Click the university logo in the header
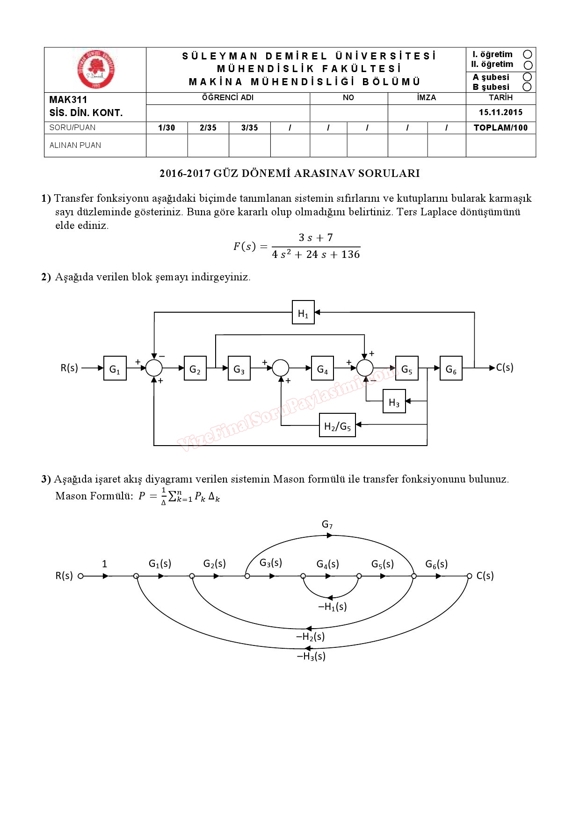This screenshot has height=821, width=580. (96, 69)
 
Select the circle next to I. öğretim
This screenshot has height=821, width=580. (528, 54)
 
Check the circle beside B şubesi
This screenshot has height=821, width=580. (528, 87)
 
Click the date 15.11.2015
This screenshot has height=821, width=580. (500, 112)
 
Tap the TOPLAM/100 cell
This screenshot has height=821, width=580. (500, 128)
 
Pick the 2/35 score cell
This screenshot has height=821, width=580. (208, 128)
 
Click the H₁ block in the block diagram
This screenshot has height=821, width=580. (303, 313)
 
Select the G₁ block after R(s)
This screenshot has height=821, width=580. (115, 368)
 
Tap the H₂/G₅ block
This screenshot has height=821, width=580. (337, 425)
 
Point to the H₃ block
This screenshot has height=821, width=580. (394, 402)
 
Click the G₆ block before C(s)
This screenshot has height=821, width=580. (451, 368)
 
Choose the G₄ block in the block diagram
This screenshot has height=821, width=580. (322, 368)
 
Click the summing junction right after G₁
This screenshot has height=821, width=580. (154, 368)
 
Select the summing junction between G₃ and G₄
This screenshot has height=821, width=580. (281, 368)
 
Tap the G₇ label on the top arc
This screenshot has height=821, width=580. (327, 524)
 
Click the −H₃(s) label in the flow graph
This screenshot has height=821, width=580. (311, 656)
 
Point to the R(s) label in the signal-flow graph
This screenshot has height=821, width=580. (64, 576)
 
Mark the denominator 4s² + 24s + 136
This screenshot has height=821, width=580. (316, 255)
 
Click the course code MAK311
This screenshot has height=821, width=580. (68, 100)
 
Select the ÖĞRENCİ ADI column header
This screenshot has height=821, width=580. (228, 98)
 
